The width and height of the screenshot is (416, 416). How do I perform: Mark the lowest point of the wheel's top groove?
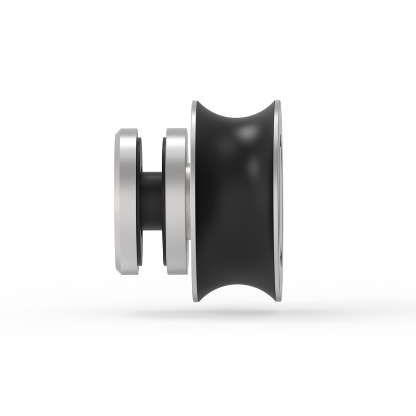tap(235, 119)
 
